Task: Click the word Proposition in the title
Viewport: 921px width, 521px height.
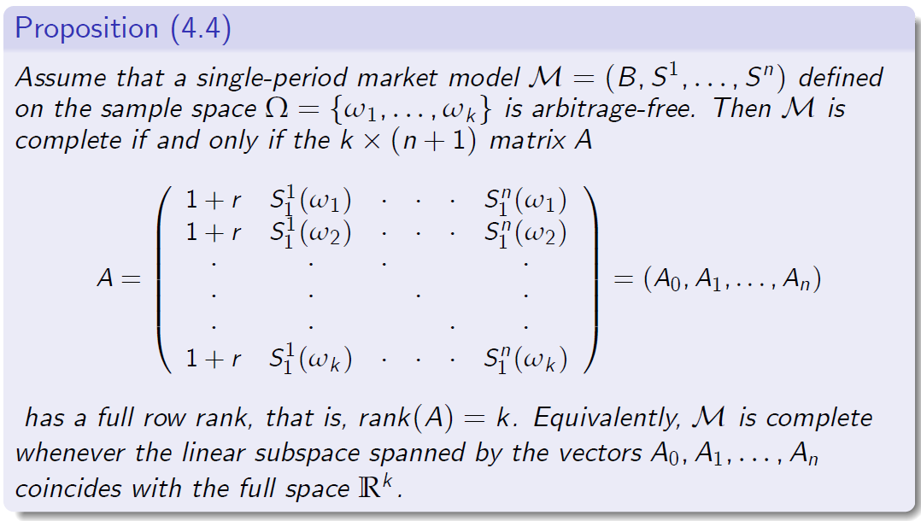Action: pyautogui.click(x=86, y=28)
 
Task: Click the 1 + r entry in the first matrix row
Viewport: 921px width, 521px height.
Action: pyautogui.click(x=214, y=202)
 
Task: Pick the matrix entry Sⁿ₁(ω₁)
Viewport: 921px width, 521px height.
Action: pyautogui.click(x=524, y=202)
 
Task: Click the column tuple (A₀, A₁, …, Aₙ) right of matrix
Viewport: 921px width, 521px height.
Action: pyautogui.click(x=731, y=281)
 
